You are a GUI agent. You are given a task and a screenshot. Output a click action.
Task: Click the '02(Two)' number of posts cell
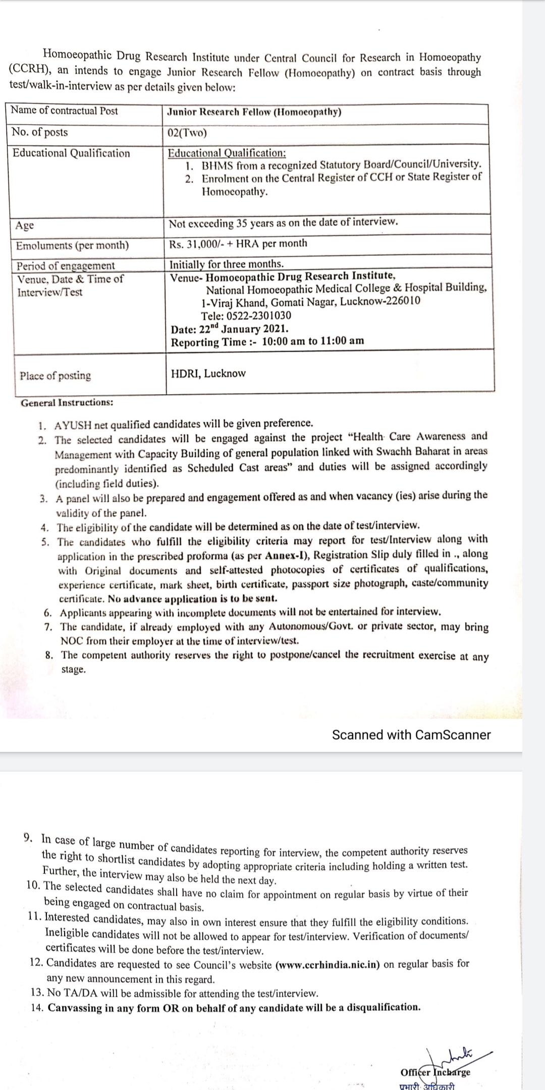[187, 134]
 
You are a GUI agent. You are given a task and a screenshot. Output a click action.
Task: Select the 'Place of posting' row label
[56, 376]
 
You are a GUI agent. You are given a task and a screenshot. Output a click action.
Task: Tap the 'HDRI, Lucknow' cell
[208, 374]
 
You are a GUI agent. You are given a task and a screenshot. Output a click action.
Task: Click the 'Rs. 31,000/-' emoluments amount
[194, 244]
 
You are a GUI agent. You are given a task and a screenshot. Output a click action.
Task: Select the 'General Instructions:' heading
[67, 403]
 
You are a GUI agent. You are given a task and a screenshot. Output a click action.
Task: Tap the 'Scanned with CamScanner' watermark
[411, 735]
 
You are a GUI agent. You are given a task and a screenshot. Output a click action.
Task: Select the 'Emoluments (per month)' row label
[72, 246]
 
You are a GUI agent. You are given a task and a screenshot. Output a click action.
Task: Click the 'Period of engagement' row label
[66, 265]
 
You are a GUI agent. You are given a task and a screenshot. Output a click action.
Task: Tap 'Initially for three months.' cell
[227, 264]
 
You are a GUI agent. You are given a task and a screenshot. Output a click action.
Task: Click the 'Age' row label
[25, 226]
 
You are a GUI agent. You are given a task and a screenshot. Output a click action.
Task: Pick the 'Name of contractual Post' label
[64, 111]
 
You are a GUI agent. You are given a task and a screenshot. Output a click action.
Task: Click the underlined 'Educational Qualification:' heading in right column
[227, 152]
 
